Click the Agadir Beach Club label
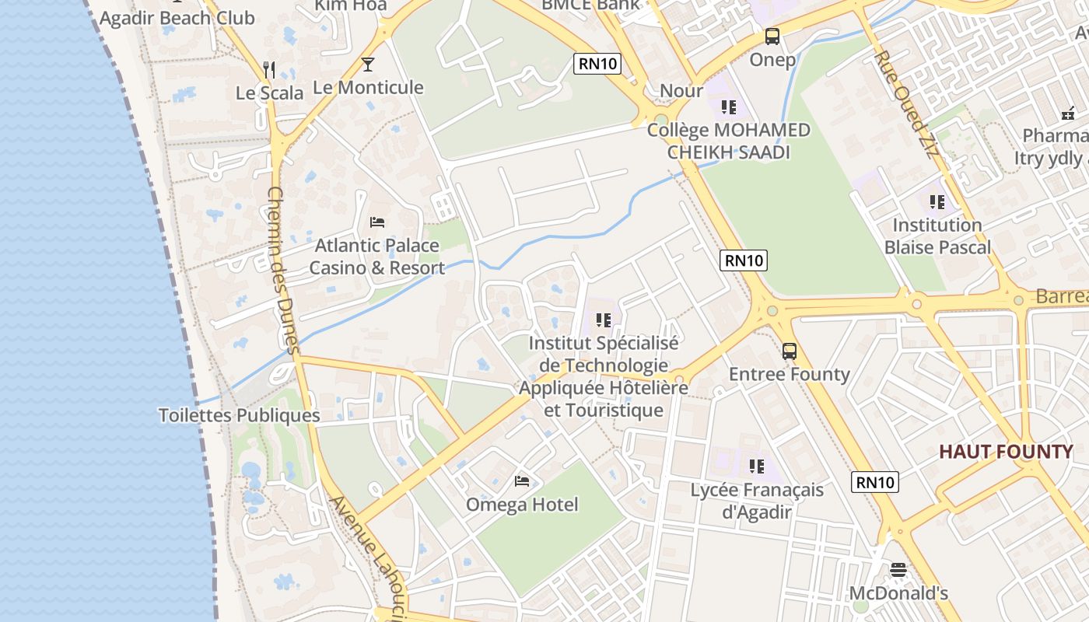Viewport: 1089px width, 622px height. click(x=177, y=18)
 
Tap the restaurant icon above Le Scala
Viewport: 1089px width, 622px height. click(x=269, y=70)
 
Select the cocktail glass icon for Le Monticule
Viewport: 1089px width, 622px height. click(x=368, y=65)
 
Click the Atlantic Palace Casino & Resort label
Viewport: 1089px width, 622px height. click(x=377, y=257)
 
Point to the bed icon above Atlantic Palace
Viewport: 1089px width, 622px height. click(x=377, y=222)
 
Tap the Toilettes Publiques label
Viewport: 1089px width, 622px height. click(x=239, y=415)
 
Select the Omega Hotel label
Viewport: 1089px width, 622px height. click(x=522, y=505)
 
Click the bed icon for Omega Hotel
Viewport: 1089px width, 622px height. click(x=522, y=481)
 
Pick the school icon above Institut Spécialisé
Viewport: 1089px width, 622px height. click(x=603, y=320)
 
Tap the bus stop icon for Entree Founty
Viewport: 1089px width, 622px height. click(x=790, y=351)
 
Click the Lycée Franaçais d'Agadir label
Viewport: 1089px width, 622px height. click(x=757, y=501)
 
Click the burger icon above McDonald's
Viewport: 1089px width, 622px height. click(x=898, y=570)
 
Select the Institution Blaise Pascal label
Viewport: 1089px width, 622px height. click(x=937, y=236)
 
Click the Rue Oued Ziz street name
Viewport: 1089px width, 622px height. click(x=906, y=106)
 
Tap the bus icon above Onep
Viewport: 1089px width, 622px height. click(x=772, y=36)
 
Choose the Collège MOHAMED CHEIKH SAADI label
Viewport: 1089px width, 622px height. click(x=729, y=141)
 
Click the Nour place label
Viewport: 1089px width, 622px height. click(x=681, y=91)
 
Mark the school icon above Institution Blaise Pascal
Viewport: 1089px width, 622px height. click(x=937, y=202)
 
